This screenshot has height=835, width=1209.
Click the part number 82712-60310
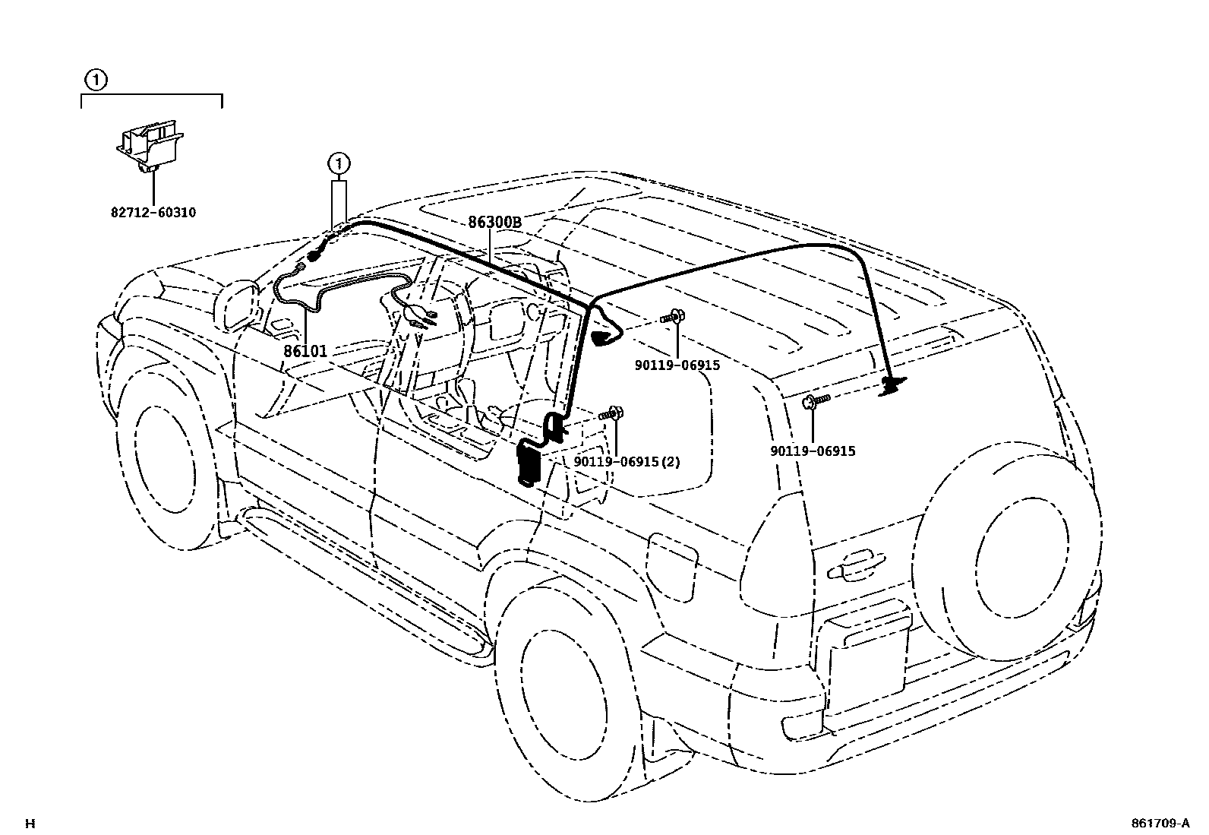coord(153,213)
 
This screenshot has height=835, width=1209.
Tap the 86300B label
coord(494,223)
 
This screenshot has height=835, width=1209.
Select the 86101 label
coord(305,351)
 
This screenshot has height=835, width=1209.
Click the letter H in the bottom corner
coord(30,823)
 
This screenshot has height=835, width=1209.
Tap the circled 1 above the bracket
coord(95,78)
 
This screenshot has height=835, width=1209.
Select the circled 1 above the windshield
coord(339,162)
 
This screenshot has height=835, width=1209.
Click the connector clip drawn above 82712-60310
coord(150,148)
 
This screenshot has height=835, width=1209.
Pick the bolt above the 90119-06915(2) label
coord(612,415)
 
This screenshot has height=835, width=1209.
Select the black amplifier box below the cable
coord(528,463)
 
